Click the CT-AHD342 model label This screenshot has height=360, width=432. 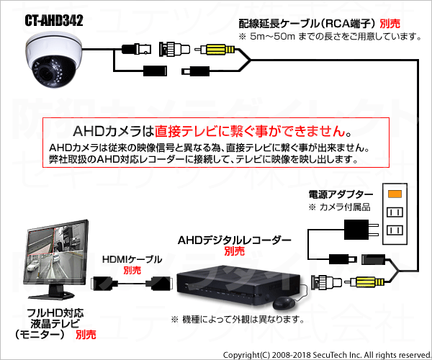pyautogui.click(x=54, y=20)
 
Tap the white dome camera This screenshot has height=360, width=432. pyautogui.click(x=54, y=60)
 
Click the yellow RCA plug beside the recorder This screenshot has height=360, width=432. pyautogui.click(x=367, y=282)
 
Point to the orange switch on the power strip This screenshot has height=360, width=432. pyautogui.click(x=395, y=194)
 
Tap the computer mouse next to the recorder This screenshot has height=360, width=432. pyautogui.click(x=284, y=303)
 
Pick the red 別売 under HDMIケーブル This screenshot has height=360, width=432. pyautogui.click(x=132, y=271)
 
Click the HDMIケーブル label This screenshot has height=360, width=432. pyautogui.click(x=132, y=259)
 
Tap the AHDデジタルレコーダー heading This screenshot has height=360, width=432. pyautogui.click(x=234, y=240)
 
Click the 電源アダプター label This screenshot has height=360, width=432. pyautogui.click(x=341, y=194)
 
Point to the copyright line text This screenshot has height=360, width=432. pyautogui.click(x=327, y=355)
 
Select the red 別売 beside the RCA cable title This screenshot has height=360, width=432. pyautogui.click(x=390, y=24)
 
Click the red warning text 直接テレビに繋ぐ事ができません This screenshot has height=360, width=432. pyautogui.click(x=250, y=131)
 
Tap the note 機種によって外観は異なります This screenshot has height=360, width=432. pyautogui.click(x=238, y=320)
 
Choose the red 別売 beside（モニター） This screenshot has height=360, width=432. pyautogui.click(x=86, y=335)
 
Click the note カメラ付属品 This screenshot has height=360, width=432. pyautogui.click(x=339, y=207)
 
